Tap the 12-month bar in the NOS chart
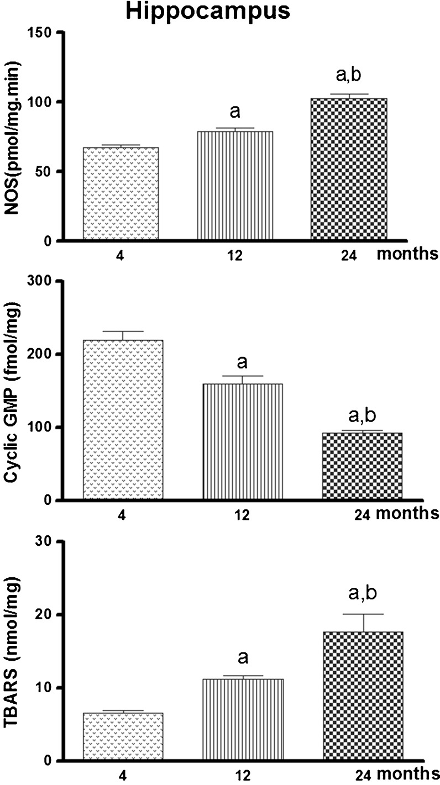click(235, 186)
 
